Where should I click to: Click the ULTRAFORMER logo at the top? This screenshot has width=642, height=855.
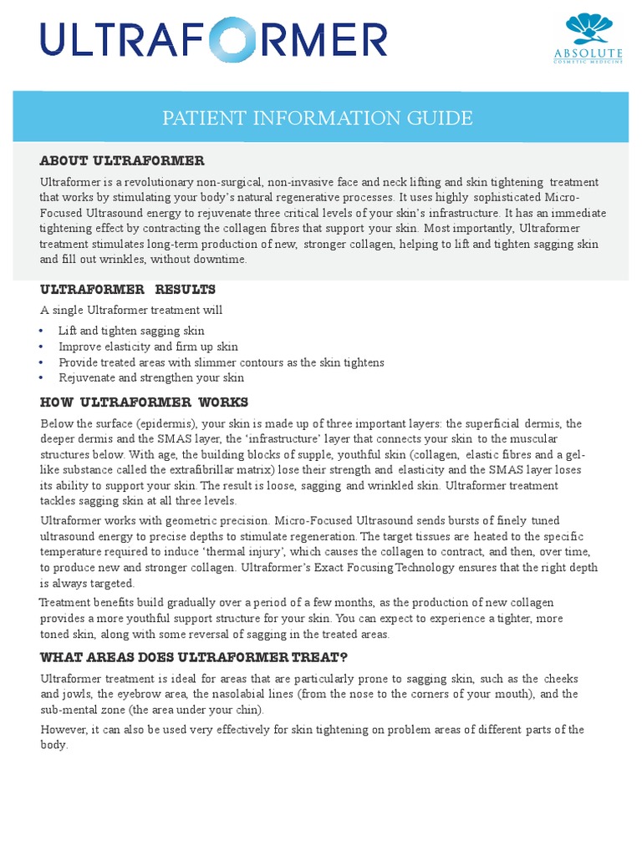pyautogui.click(x=213, y=42)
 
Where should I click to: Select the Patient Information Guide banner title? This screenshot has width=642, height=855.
pyautogui.click(x=317, y=118)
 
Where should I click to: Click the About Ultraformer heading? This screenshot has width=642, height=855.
pyautogui.click(x=122, y=160)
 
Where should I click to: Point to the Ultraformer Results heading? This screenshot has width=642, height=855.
pyautogui.click(x=128, y=289)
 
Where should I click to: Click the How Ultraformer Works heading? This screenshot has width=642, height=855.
pyautogui.click(x=144, y=402)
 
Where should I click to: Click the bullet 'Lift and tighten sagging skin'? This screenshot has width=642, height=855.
pyautogui.click(x=131, y=331)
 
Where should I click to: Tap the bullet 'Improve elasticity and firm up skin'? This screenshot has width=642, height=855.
pyautogui.click(x=148, y=347)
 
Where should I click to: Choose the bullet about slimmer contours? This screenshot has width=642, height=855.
pyautogui.click(x=221, y=362)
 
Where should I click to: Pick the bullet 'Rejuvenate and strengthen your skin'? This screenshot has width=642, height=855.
pyautogui.click(x=150, y=377)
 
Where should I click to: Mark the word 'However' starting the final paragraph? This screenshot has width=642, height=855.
pyautogui.click(x=63, y=730)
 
